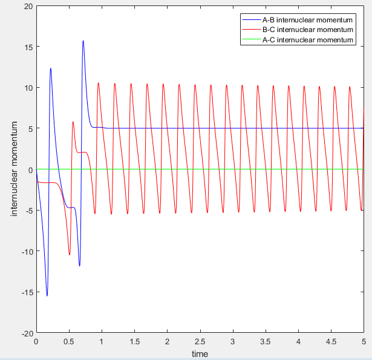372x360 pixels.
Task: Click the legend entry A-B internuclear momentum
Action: pos(307,20)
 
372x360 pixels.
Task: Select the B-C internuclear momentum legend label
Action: pos(308,30)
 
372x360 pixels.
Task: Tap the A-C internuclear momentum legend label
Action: pos(308,40)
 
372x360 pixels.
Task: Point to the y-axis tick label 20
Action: pos(28,7)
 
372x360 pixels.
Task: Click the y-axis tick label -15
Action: pos(27,292)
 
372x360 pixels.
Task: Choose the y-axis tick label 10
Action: pos(28,88)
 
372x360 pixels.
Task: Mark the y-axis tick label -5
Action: pos(29,211)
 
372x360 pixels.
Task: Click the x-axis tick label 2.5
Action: pos(200,342)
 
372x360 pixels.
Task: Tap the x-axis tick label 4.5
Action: pos(331,342)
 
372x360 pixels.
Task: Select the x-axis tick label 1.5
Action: pos(134,342)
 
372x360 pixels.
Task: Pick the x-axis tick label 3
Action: pos(233,342)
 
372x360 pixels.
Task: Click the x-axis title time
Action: pos(200,354)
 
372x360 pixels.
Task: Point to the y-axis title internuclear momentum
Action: pos(15,169)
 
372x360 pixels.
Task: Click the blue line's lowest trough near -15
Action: pos(47,296)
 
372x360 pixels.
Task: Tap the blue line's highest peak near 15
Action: pos(83,41)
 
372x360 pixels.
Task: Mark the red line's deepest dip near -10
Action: pos(70,255)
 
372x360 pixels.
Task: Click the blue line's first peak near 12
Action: pos(51,68)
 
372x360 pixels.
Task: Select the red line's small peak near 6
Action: pos(73,122)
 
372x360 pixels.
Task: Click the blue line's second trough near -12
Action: pos(79,266)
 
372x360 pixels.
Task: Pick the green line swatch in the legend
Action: pos(252,39)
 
